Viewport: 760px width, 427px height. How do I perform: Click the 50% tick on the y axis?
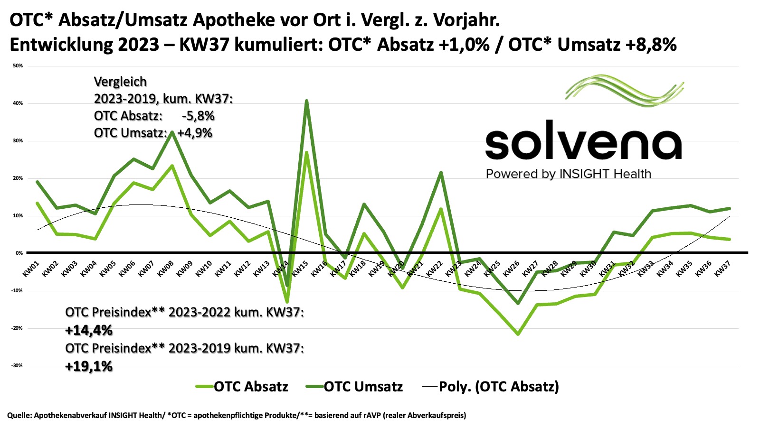[18, 66]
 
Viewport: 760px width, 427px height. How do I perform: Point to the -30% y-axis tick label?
[17, 366]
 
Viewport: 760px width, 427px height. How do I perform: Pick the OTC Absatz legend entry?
[242, 387]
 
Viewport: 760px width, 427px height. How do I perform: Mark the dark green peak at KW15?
[306, 101]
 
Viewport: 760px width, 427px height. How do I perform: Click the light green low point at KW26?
[518, 334]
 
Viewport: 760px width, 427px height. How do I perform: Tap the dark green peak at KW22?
[441, 172]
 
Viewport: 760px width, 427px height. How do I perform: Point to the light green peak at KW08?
[172, 166]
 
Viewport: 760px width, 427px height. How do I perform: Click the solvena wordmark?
[583, 140]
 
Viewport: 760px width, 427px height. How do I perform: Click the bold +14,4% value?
[89, 330]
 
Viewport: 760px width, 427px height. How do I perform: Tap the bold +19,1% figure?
[89, 366]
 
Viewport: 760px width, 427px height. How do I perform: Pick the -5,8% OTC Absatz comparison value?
[198, 116]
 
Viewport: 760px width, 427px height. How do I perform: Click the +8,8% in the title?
[651, 44]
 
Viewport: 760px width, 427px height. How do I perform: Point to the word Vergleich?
[120, 82]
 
